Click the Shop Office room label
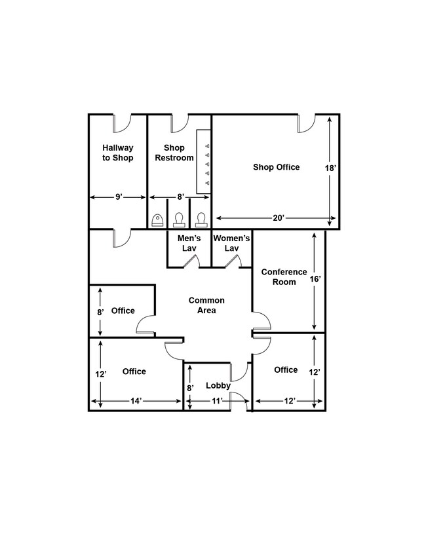(277, 167)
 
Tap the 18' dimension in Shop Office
(330, 168)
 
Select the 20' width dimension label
(278, 218)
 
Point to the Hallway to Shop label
(118, 153)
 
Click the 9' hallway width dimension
(119, 197)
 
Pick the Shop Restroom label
(174, 153)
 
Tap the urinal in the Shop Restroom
(157, 220)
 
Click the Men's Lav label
(189, 243)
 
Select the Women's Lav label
(231, 243)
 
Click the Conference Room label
(284, 277)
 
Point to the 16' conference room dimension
(315, 279)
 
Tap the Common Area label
(206, 305)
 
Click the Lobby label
(218, 385)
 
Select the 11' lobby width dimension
(217, 401)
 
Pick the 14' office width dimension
(136, 401)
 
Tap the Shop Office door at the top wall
(307, 123)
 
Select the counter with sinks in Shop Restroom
(204, 162)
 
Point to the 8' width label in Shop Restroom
(180, 197)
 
